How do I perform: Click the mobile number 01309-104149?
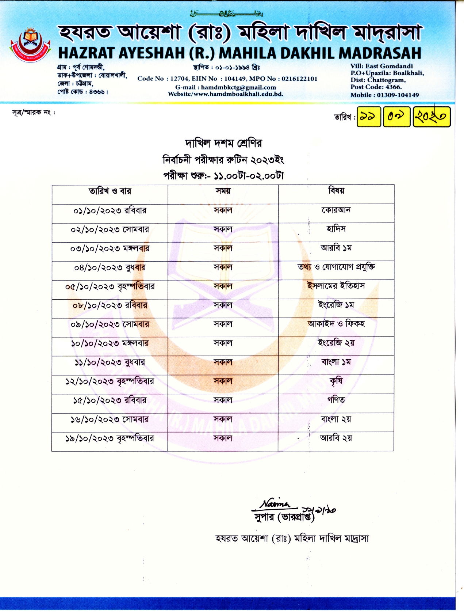tap(398, 95)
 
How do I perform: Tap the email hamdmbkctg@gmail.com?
tap(238, 87)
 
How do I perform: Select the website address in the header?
tap(226, 94)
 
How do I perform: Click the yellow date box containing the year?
tap(432, 117)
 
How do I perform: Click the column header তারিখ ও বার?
tap(110, 191)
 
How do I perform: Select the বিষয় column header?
tap(336, 191)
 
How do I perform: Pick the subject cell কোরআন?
tap(336, 210)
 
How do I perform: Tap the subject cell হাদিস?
tap(336, 229)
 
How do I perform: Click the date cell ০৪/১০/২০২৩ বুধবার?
tap(110, 268)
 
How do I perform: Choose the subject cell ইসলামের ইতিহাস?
tap(336, 286)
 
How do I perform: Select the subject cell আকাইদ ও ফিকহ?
tap(336, 324)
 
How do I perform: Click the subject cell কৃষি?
tap(336, 381)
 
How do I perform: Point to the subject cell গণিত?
tap(336, 400)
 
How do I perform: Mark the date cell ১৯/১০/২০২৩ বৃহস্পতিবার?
tap(110, 438)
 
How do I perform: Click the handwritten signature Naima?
tap(275, 504)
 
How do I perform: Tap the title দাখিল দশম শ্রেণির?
tap(223, 143)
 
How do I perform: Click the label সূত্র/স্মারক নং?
tap(33, 113)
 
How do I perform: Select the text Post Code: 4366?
tap(376, 87)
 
